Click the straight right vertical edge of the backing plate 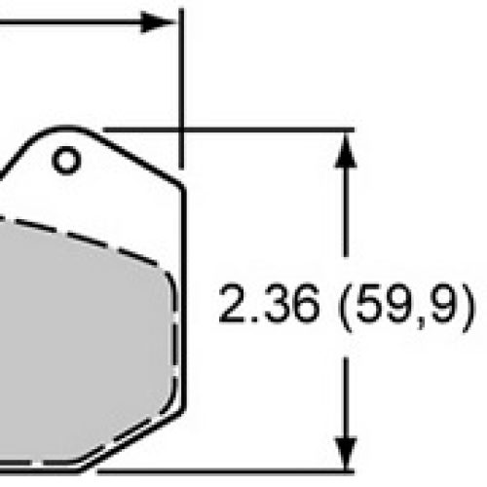click(183, 292)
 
